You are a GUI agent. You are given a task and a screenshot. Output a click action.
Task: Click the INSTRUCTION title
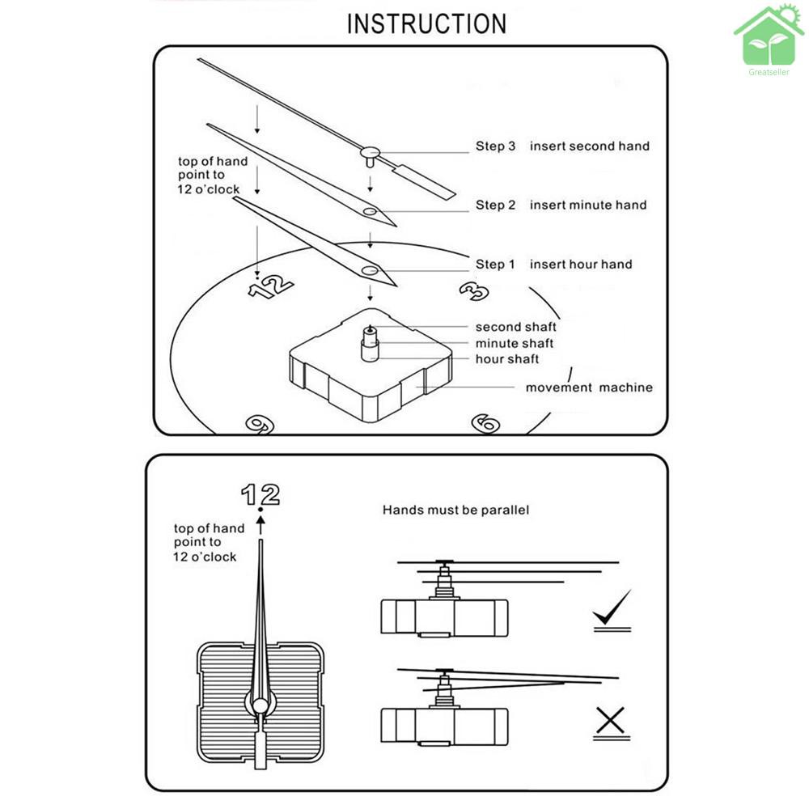(x=426, y=23)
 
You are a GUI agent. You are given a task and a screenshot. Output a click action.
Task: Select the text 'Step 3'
(x=495, y=146)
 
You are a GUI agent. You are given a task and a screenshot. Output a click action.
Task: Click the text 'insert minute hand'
(x=588, y=205)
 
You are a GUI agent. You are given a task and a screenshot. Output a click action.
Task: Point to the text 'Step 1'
(x=495, y=265)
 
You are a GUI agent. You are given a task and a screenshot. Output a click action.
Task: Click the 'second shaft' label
(x=515, y=327)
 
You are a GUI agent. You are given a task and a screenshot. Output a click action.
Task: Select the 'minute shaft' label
(x=515, y=344)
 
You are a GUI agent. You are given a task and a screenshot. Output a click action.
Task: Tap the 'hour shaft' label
(x=507, y=359)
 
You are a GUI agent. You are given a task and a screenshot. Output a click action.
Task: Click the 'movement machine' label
(x=589, y=388)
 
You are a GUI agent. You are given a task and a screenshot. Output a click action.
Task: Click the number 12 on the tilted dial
(x=270, y=286)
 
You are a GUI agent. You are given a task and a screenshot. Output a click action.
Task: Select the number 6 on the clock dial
(x=485, y=422)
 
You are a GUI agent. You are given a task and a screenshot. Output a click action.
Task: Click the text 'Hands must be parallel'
(x=455, y=510)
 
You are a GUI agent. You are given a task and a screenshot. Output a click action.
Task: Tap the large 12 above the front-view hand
(x=260, y=494)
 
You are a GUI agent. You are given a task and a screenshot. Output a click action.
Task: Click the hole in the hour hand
(x=371, y=270)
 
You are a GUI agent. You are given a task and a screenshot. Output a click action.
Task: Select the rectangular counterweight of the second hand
(x=426, y=181)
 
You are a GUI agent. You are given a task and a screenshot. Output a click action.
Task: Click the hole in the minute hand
(x=370, y=212)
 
